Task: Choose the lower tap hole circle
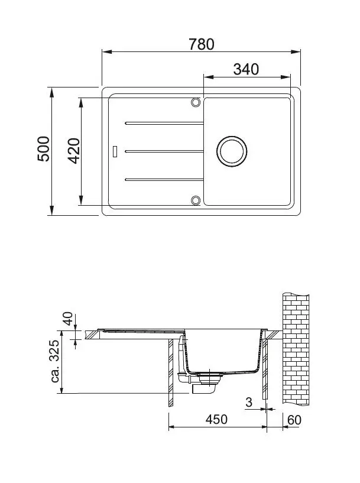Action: [195, 199]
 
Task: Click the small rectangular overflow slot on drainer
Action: [116, 151]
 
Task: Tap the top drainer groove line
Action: [163, 123]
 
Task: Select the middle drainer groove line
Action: [163, 151]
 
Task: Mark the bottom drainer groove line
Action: [163, 179]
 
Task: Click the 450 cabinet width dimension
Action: [216, 419]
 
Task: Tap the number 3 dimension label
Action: [248, 403]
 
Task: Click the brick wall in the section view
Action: [296, 349]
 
